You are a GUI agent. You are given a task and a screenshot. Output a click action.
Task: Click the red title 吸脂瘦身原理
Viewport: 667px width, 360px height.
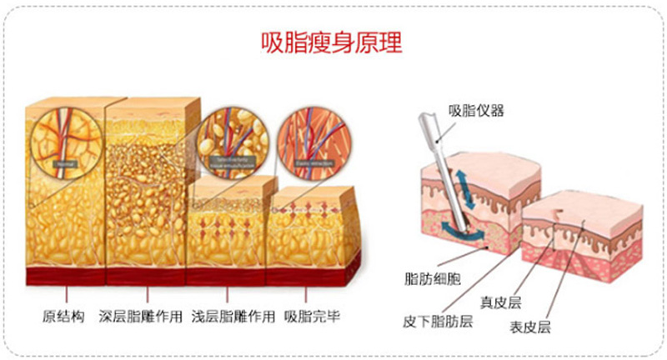[x=332, y=43]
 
